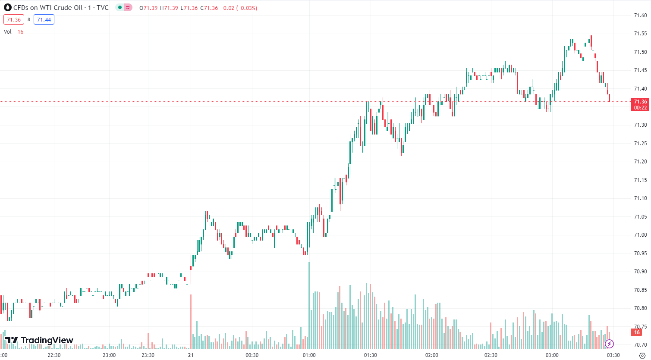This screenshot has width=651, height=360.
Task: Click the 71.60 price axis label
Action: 640,16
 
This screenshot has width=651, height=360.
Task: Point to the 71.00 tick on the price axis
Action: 640,235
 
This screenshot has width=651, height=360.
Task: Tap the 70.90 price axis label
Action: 640,272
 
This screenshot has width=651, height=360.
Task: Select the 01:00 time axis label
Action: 309,355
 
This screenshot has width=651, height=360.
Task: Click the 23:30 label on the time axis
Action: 148,355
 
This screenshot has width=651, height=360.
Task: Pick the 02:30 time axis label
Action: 491,355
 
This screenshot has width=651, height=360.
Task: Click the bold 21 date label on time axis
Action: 191,355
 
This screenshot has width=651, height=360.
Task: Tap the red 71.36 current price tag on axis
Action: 640,104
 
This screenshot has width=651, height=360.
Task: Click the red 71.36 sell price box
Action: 14,20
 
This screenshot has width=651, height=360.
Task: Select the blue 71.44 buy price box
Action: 44,20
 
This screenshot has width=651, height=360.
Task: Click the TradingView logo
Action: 39,340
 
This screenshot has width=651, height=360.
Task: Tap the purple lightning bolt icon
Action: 609,344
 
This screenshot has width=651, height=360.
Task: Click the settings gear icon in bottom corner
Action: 642,356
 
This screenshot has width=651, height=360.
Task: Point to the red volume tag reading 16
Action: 637,332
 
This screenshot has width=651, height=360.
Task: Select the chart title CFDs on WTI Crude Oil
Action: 47,8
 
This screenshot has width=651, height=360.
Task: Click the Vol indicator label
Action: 8,32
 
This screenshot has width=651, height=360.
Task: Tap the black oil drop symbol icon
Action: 7,8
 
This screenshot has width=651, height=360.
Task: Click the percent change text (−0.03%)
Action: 246,8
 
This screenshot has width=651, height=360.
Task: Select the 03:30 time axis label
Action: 613,355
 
